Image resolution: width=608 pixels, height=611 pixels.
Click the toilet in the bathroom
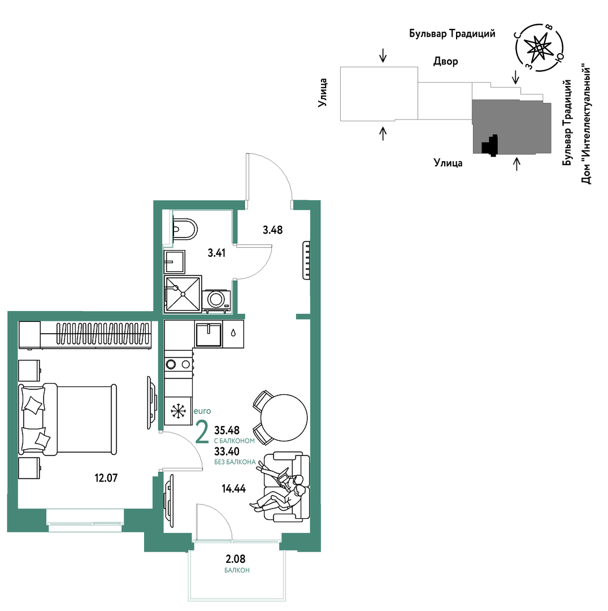[x=184, y=229]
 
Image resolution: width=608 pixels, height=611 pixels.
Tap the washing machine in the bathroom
[x=216, y=300]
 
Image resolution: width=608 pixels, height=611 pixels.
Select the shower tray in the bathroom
[x=183, y=294]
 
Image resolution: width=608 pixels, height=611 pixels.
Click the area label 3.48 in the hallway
[x=272, y=230]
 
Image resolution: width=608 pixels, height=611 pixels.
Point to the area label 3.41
[x=216, y=253]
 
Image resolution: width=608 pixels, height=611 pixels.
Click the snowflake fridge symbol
[x=178, y=411]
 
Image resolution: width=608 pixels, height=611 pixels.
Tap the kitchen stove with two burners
[x=178, y=364]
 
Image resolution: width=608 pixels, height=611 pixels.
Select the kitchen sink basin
[x=209, y=335]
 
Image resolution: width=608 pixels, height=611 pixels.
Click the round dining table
[x=284, y=418]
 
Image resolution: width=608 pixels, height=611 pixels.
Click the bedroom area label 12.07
[x=106, y=477]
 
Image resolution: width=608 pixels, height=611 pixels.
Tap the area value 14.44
[x=233, y=489]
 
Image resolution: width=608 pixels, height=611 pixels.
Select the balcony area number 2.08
[x=236, y=559]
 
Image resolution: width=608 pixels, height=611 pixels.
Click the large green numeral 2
[x=202, y=432]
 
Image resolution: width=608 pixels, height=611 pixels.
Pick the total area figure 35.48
[x=227, y=430]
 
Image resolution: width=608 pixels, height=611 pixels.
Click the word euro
[x=202, y=411]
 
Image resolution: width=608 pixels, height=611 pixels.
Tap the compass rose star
[x=539, y=48]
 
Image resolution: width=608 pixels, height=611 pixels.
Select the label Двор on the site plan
[x=446, y=62]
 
